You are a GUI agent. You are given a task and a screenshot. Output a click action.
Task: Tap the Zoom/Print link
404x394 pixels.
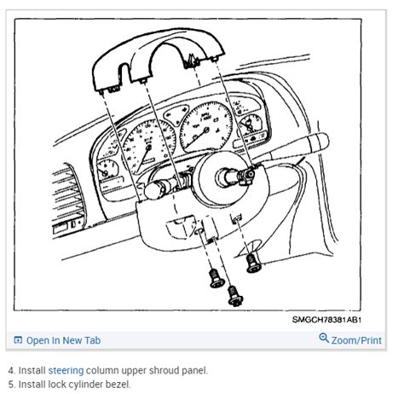356,340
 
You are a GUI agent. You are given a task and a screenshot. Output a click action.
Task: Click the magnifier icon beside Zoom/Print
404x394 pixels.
324,339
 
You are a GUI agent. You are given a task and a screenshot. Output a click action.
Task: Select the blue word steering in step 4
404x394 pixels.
66,371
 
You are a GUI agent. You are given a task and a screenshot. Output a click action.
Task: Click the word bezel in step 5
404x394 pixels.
118,384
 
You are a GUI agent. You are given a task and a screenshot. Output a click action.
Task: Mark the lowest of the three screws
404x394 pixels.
234,296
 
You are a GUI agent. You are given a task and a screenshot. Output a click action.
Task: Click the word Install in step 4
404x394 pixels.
32,371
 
